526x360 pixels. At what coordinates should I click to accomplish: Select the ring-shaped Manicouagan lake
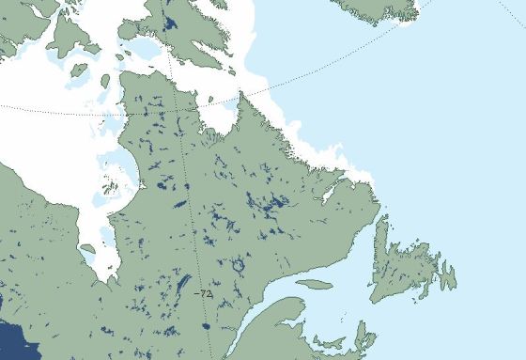point(238,266)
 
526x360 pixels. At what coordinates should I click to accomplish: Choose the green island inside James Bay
point(87,249)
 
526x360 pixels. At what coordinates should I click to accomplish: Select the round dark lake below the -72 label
point(206,326)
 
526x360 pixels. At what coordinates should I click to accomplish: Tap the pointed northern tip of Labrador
point(241,94)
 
